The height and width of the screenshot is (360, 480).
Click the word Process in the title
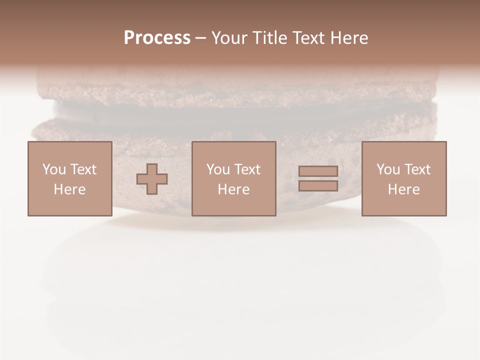click(x=157, y=38)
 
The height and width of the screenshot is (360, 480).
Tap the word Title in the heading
click(x=270, y=38)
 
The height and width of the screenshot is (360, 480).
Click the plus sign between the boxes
click(x=152, y=179)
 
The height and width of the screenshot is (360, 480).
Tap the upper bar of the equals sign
click(x=318, y=171)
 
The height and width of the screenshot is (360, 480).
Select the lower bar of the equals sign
click(x=318, y=185)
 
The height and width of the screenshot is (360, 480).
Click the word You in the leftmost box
click(x=53, y=169)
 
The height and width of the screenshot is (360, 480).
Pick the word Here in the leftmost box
click(x=69, y=189)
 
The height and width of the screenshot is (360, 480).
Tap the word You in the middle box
click(x=217, y=169)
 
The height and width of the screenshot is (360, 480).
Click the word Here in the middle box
click(x=233, y=189)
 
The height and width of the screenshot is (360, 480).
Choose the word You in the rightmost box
click(x=387, y=169)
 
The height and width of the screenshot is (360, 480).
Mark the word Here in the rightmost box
click(x=403, y=189)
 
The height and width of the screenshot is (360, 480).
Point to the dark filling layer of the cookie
click(x=240, y=112)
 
